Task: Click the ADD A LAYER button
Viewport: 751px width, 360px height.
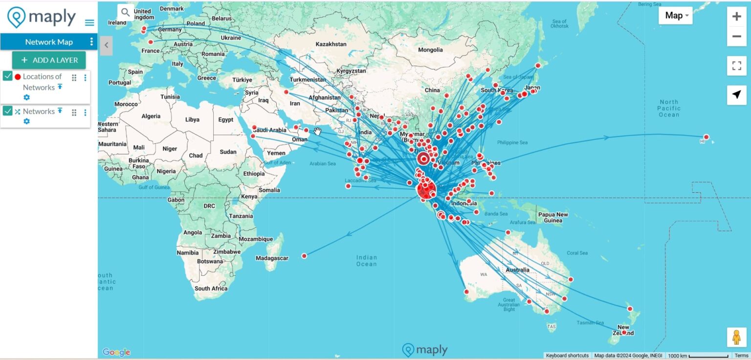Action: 49,60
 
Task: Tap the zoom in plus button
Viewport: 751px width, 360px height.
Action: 736,17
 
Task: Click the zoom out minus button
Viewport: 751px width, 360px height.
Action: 736,36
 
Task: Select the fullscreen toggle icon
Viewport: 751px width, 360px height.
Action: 736,66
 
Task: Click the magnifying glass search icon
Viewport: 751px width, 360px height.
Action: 126,12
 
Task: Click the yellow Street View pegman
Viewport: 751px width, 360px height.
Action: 736,337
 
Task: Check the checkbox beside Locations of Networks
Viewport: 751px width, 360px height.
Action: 8,76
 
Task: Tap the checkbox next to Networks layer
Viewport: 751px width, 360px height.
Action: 8,111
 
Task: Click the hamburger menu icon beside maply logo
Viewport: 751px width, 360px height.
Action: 89,22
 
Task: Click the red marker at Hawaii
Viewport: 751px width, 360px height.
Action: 706,137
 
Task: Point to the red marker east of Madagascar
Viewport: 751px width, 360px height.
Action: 304,256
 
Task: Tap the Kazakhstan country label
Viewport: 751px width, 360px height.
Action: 331,44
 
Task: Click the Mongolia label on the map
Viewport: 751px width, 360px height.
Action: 430,50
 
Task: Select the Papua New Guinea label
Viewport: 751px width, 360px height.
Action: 553,217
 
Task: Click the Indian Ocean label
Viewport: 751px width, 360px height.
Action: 367,261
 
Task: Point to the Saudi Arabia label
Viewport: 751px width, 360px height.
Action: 269,130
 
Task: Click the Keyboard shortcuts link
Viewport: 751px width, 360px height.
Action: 567,356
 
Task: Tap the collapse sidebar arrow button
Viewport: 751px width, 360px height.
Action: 106,45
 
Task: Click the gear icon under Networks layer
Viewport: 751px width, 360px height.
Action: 26,121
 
